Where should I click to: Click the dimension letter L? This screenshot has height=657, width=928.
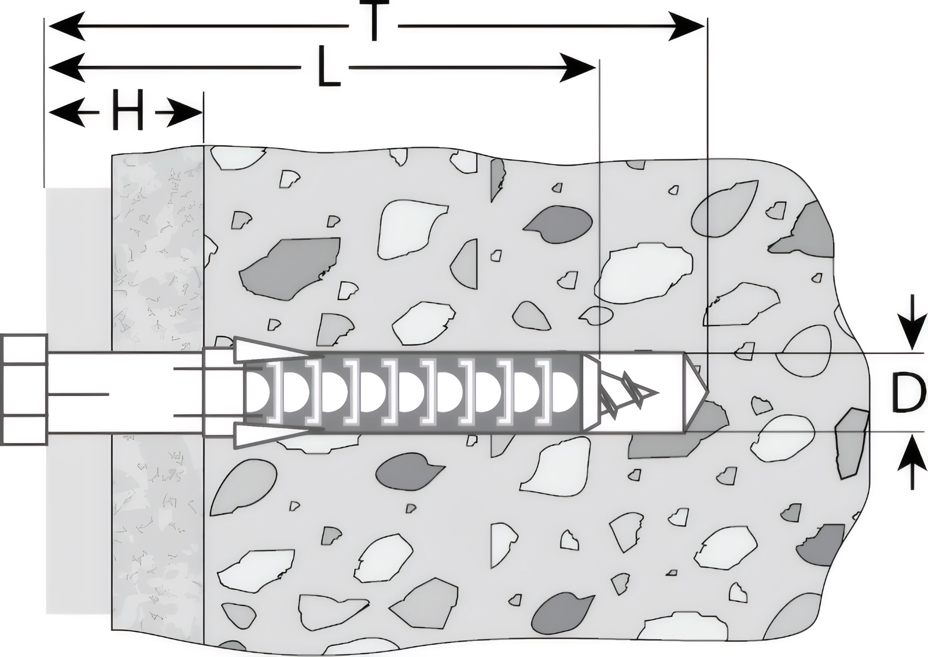point(328,67)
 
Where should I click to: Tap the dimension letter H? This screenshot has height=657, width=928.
point(128,110)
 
